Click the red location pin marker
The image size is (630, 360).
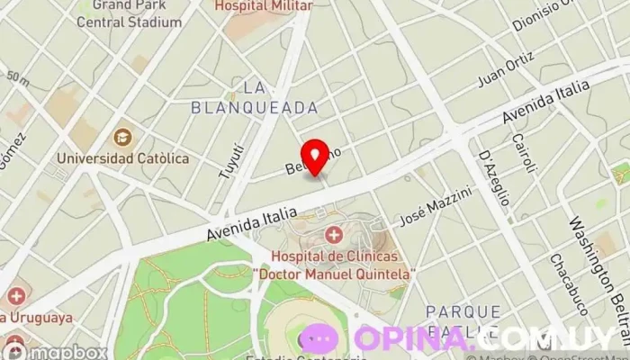(x=314, y=156)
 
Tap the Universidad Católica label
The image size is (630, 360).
(x=122, y=158)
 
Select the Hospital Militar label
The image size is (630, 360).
(x=264, y=5)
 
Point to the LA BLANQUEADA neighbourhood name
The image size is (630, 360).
(x=255, y=97)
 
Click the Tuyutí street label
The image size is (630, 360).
(x=230, y=158)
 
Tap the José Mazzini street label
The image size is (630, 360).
(x=436, y=207)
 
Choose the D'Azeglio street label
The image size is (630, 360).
(x=494, y=176)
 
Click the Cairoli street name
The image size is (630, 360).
(x=523, y=154)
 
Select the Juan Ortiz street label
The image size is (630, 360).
(x=501, y=73)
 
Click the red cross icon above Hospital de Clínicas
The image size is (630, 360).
(x=334, y=236)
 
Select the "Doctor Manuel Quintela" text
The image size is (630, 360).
(x=334, y=273)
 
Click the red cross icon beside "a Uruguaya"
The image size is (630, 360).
(x=15, y=295)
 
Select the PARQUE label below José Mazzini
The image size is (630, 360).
(x=463, y=311)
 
